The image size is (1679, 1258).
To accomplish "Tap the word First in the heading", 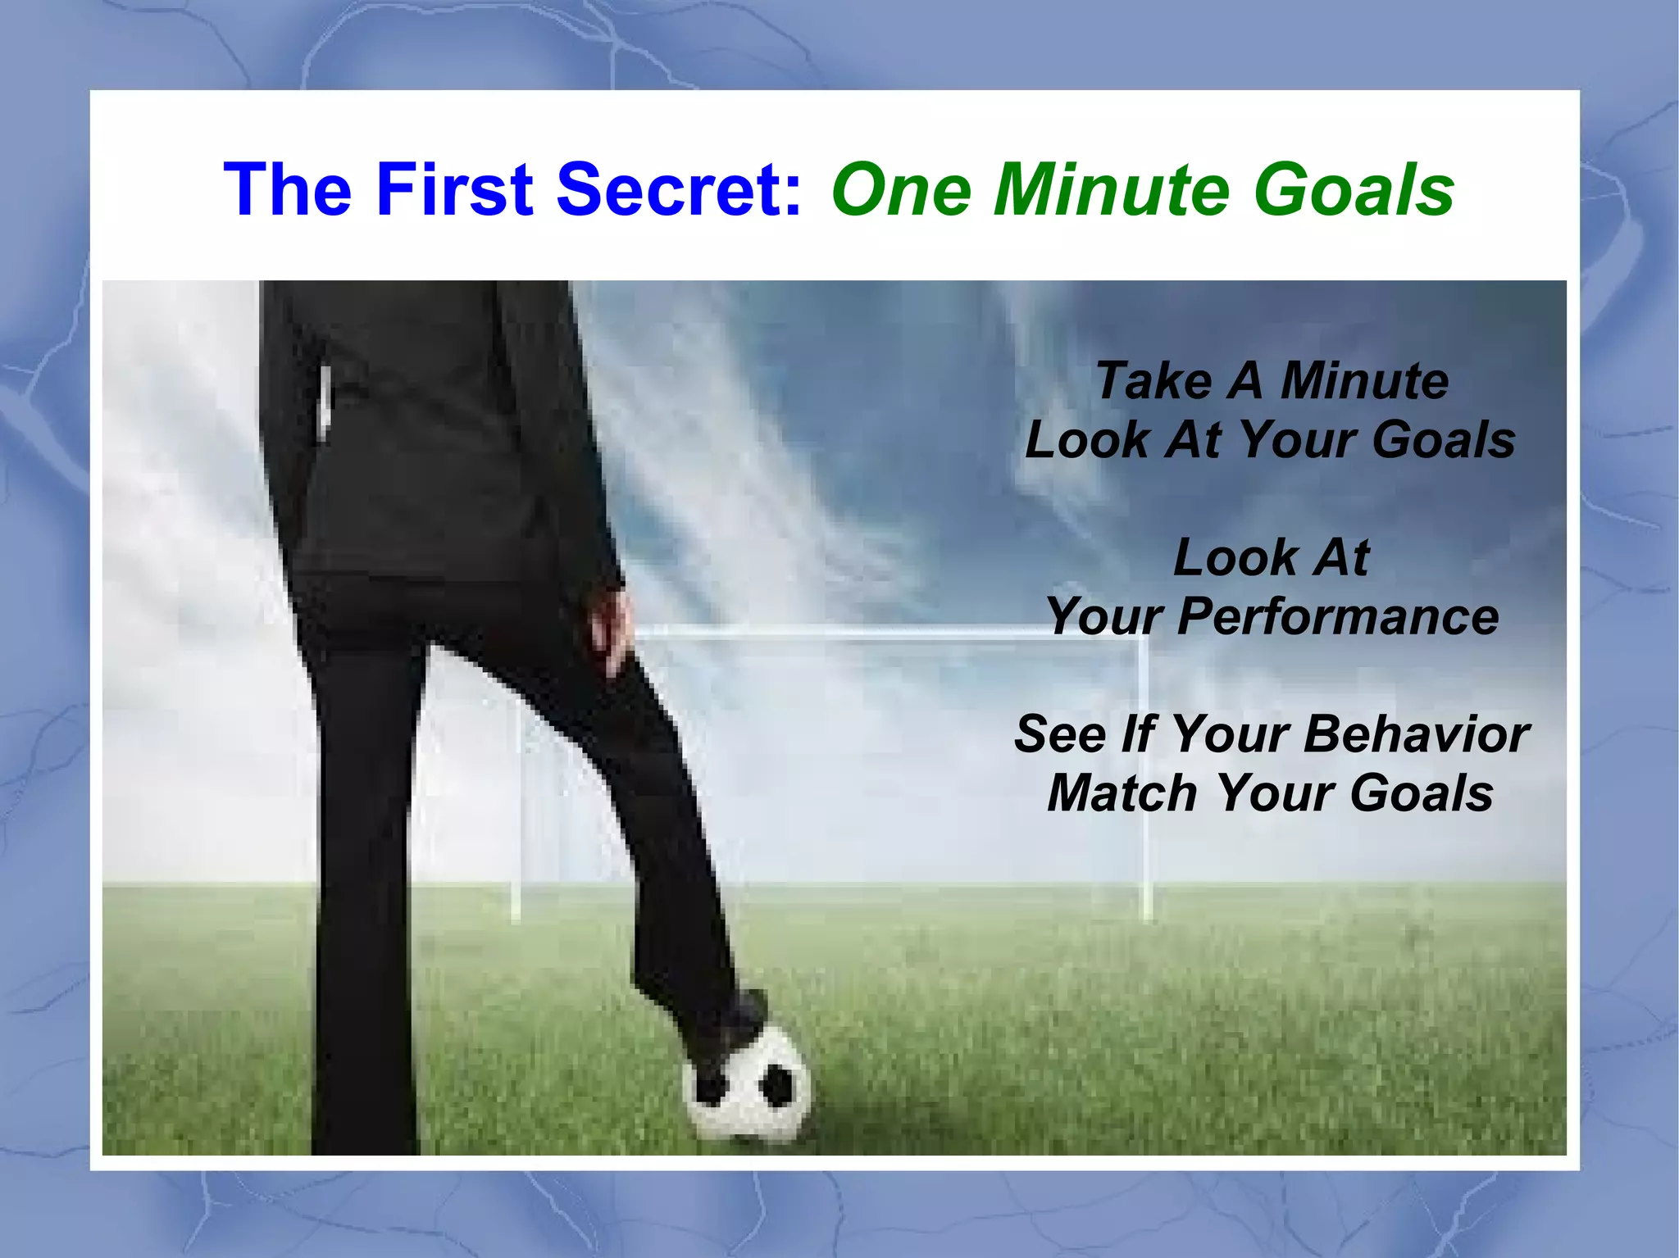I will coord(456,189).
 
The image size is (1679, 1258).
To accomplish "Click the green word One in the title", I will coord(901,189).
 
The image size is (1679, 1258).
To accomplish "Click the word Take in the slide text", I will coord(1153,381).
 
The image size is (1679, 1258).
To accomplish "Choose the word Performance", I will coord(1338,616).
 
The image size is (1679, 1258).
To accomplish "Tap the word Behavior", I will coord(1416,733).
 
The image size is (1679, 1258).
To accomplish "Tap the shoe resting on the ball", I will coord(732,1029).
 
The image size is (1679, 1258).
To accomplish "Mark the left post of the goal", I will coord(516,820).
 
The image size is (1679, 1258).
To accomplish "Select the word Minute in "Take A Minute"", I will coord(1364,381).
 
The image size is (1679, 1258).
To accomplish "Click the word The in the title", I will coord(288,189).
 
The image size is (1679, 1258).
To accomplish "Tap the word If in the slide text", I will coord(1138,733).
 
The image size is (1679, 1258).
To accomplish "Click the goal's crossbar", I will coord(861,632).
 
